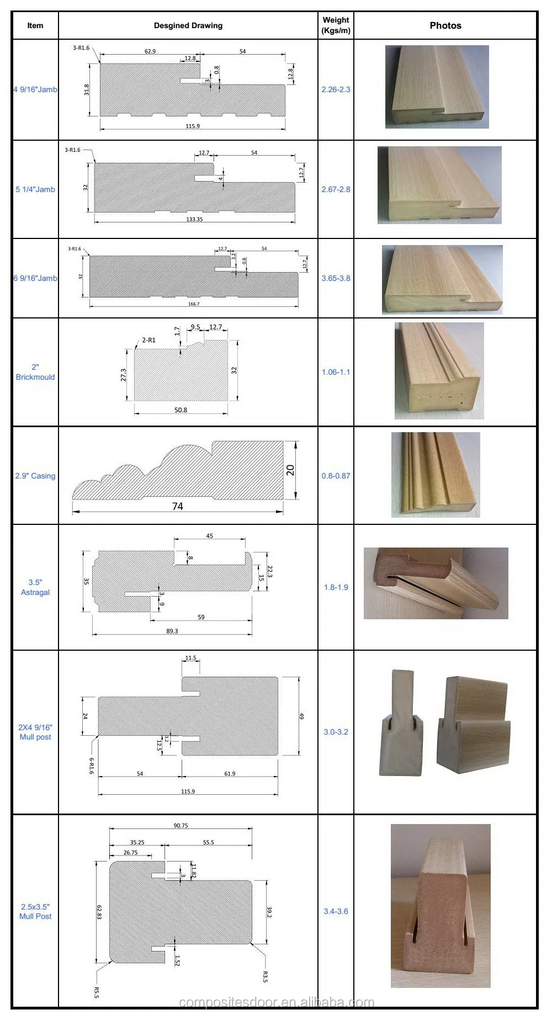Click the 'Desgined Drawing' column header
[188, 25]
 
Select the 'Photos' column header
[445, 25]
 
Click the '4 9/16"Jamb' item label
[35, 89]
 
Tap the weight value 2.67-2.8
[336, 189]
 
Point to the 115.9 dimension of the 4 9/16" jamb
[193, 126]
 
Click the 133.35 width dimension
[194, 219]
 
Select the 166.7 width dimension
[194, 304]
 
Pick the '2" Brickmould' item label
[35, 372]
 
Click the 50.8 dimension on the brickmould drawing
[181, 410]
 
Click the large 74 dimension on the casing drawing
[177, 506]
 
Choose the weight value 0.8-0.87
[336, 476]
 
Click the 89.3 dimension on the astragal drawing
[172, 631]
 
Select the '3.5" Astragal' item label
[35, 587]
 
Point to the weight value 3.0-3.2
[336, 732]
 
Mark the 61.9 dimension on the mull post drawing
[230, 774]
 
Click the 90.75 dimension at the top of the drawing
[181, 826]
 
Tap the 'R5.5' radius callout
[97, 992]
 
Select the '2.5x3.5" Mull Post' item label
[35, 911]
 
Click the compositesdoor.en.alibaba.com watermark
[277, 1002]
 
